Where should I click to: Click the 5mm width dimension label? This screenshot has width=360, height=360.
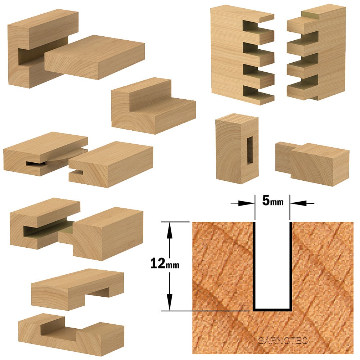[273, 201]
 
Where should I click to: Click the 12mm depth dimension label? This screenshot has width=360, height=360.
[165, 264]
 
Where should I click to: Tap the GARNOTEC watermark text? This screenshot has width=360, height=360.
[283, 341]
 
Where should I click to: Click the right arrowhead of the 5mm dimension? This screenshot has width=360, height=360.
[299, 203]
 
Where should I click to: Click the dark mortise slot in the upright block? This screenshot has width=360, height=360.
[249, 150]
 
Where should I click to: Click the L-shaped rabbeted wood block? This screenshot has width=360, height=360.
[153, 105]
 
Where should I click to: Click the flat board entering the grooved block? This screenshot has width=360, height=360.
[94, 57]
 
